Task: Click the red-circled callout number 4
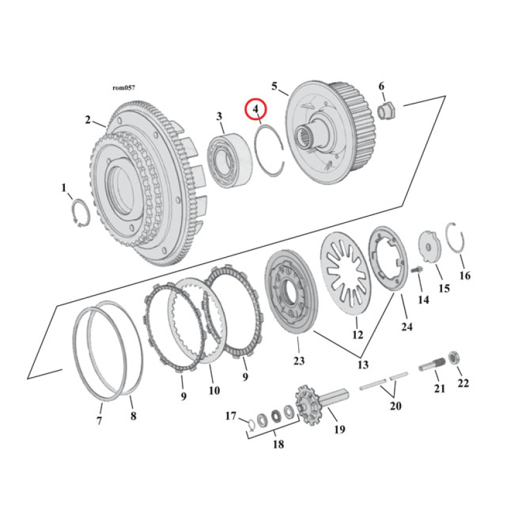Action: pos(256,110)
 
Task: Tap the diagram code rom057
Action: pos(123,87)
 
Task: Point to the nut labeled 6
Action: pos(387,111)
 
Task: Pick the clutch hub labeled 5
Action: pos(324,135)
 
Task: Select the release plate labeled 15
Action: pos(428,247)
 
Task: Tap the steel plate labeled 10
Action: pos(187,321)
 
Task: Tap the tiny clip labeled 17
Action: pos(251,422)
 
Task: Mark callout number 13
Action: pos(363,364)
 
